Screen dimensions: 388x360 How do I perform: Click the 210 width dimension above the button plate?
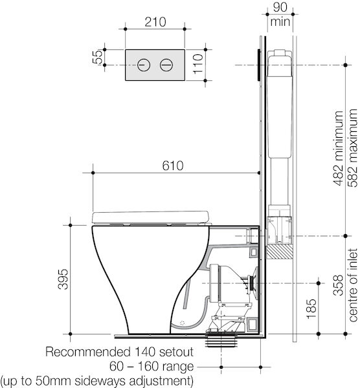(x=154, y=21)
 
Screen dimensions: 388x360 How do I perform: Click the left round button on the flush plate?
(x=144, y=65)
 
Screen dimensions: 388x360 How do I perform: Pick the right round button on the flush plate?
(x=166, y=65)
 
